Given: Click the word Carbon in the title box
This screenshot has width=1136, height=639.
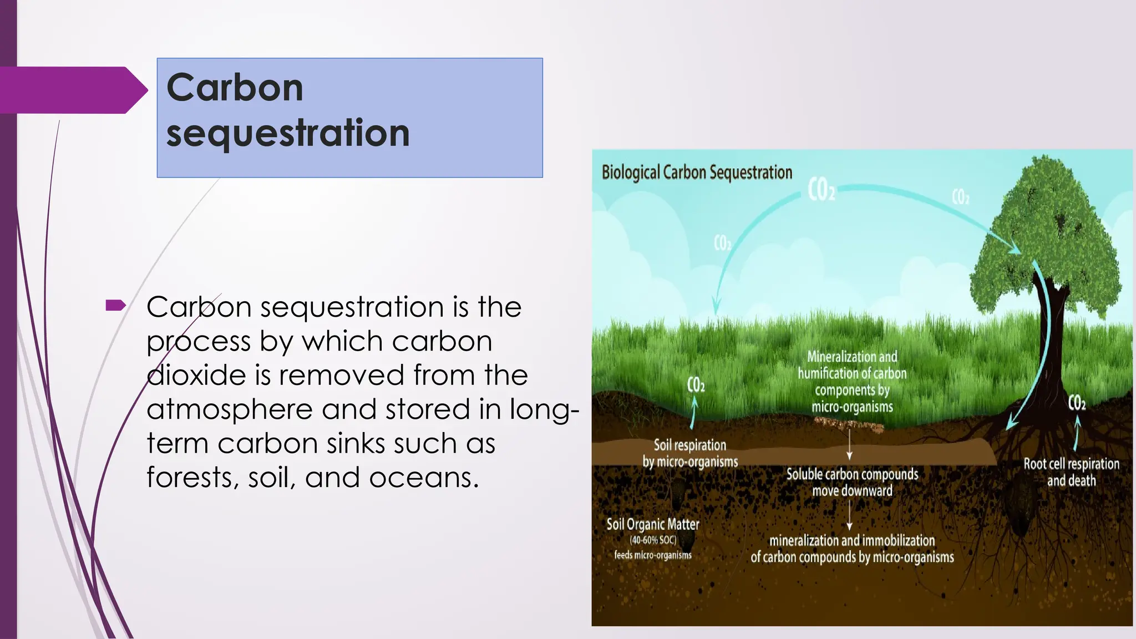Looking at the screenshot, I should pyautogui.click(x=235, y=88).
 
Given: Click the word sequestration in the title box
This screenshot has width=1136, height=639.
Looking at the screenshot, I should pyautogui.click(x=288, y=133).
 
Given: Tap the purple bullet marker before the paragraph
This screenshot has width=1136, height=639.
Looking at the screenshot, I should pyautogui.click(x=115, y=305).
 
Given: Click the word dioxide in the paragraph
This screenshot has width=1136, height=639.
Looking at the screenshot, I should pyautogui.click(x=196, y=376).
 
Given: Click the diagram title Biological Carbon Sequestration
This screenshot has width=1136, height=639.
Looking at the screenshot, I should pyautogui.click(x=697, y=173).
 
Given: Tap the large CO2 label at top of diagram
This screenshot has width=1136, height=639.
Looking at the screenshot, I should pyautogui.click(x=821, y=190).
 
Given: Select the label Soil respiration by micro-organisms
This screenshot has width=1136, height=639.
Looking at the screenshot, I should pyautogui.click(x=690, y=453).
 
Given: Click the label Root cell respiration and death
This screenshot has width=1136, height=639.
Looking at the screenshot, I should pyautogui.click(x=1071, y=472).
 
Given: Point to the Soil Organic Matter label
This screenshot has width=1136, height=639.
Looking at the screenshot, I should pyautogui.click(x=652, y=524).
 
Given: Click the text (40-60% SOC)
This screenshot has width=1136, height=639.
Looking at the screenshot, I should pyautogui.click(x=653, y=540).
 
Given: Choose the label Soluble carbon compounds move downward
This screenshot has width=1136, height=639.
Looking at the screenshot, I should pyautogui.click(x=852, y=482).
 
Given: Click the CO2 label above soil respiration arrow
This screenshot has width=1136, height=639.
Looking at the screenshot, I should pyautogui.click(x=696, y=384).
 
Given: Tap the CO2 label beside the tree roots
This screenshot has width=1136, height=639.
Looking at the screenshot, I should pyautogui.click(x=1077, y=403).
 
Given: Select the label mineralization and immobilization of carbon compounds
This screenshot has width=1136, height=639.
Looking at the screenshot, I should pyautogui.click(x=852, y=549).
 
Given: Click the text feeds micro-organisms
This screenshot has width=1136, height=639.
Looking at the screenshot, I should pyautogui.click(x=653, y=555).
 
